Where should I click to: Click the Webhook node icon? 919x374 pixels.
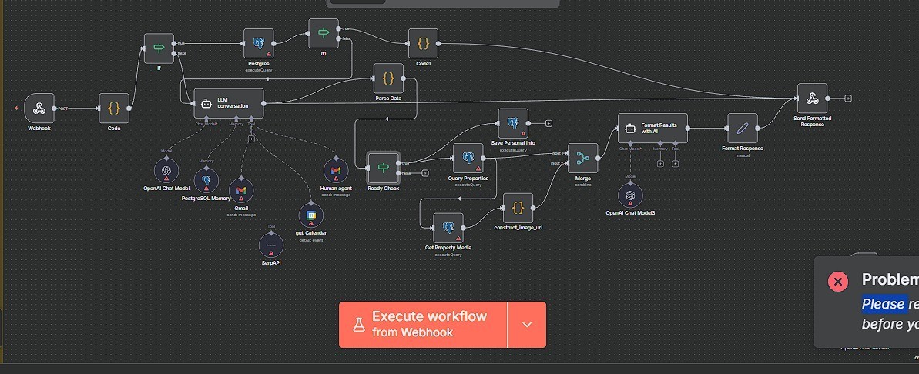point(39,109)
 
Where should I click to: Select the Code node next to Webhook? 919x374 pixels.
point(114,109)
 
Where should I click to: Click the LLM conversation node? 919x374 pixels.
point(228,103)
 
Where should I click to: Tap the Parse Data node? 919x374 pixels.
point(388,78)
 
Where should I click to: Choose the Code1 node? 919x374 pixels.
point(423,44)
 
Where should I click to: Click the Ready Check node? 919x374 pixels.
point(383,167)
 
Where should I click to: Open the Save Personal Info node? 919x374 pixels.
point(513,123)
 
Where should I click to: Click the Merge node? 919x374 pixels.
point(582,159)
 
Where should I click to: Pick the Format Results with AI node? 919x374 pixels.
point(652,129)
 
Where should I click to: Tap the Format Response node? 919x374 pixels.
point(742,129)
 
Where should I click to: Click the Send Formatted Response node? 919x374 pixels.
point(812,99)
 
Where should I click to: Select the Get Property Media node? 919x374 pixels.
point(448,228)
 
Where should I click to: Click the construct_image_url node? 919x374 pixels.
point(518,208)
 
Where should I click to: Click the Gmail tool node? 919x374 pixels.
point(241,190)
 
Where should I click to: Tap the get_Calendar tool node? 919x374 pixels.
point(310,214)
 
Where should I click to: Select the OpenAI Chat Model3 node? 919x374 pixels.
point(630,195)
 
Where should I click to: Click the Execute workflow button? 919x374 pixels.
point(423,324)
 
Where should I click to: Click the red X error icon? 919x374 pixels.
point(838,281)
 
